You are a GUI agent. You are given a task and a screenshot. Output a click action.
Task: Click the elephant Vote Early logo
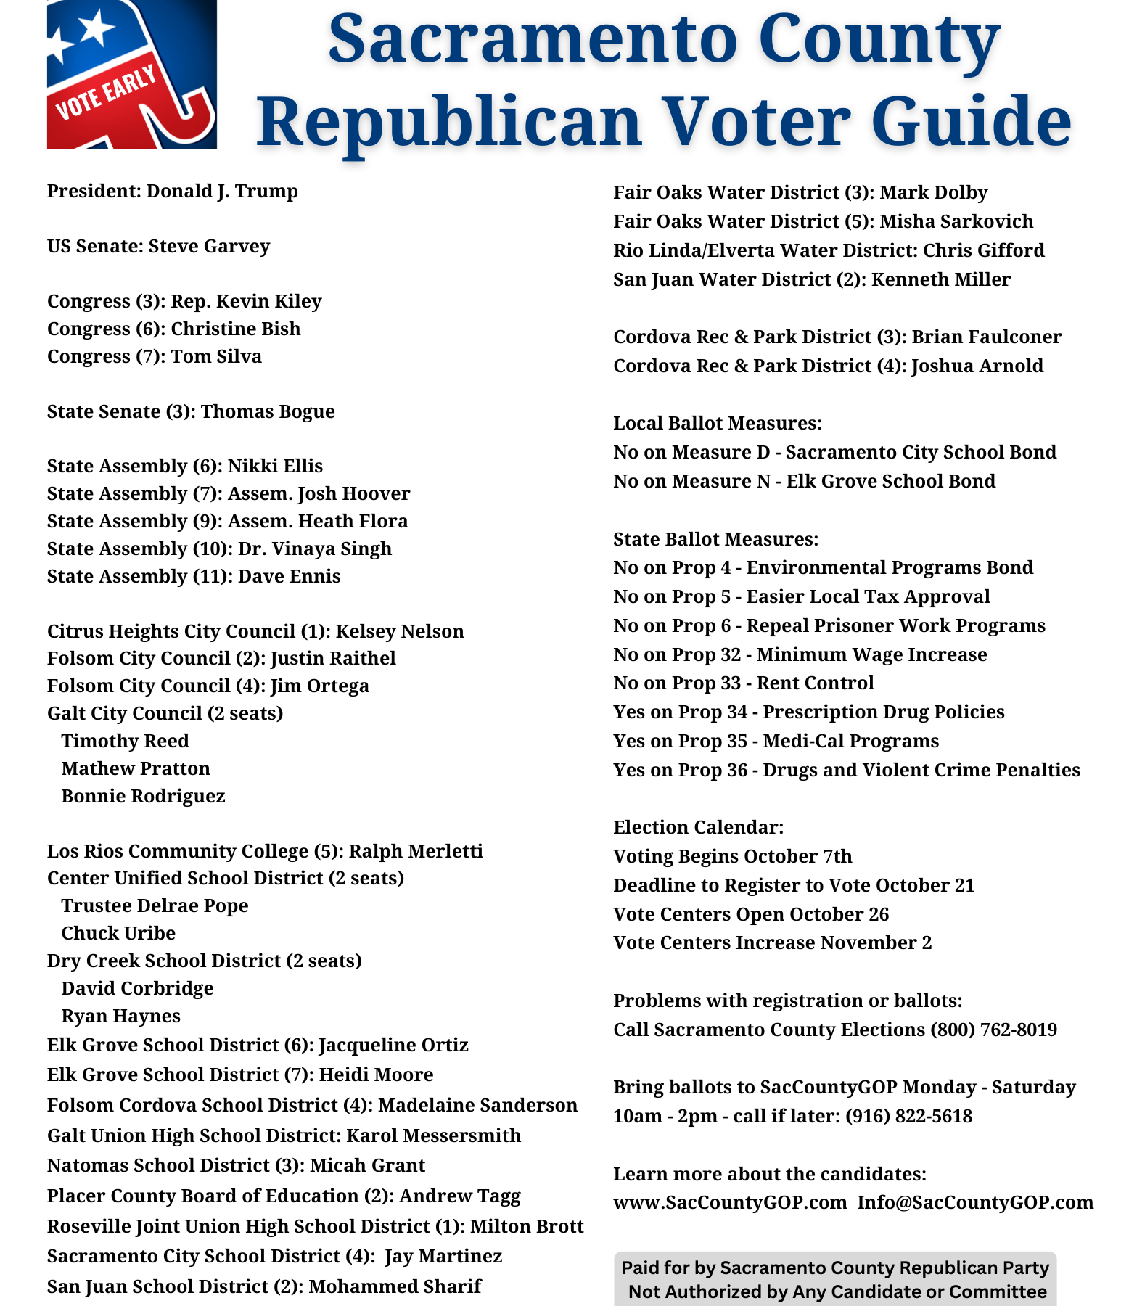(131, 74)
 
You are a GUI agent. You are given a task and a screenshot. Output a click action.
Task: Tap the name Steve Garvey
(209, 247)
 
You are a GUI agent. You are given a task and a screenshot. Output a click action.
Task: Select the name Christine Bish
(235, 329)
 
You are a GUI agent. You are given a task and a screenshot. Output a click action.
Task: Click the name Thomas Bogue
(268, 412)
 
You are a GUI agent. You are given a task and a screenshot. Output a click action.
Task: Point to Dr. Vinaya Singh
(315, 549)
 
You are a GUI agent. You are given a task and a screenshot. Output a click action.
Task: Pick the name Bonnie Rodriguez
(143, 797)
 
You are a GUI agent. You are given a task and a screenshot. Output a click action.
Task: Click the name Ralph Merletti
(416, 851)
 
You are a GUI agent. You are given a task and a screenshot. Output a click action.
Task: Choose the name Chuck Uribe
(118, 934)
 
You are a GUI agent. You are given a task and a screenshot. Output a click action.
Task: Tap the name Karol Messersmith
(433, 1135)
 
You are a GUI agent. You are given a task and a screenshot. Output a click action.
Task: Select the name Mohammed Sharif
(395, 1287)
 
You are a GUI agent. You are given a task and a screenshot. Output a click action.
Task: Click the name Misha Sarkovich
(956, 222)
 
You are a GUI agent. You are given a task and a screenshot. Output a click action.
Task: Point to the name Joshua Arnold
(977, 366)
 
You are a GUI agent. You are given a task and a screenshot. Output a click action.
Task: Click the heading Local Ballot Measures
(718, 424)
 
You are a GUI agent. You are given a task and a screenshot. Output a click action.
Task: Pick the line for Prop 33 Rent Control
(744, 683)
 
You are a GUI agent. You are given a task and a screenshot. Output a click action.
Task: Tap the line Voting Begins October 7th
(733, 857)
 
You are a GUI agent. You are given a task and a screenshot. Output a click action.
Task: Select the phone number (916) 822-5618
(908, 1117)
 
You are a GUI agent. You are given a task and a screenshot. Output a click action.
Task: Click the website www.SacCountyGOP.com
(730, 1203)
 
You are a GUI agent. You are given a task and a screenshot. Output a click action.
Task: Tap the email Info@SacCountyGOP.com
(975, 1203)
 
